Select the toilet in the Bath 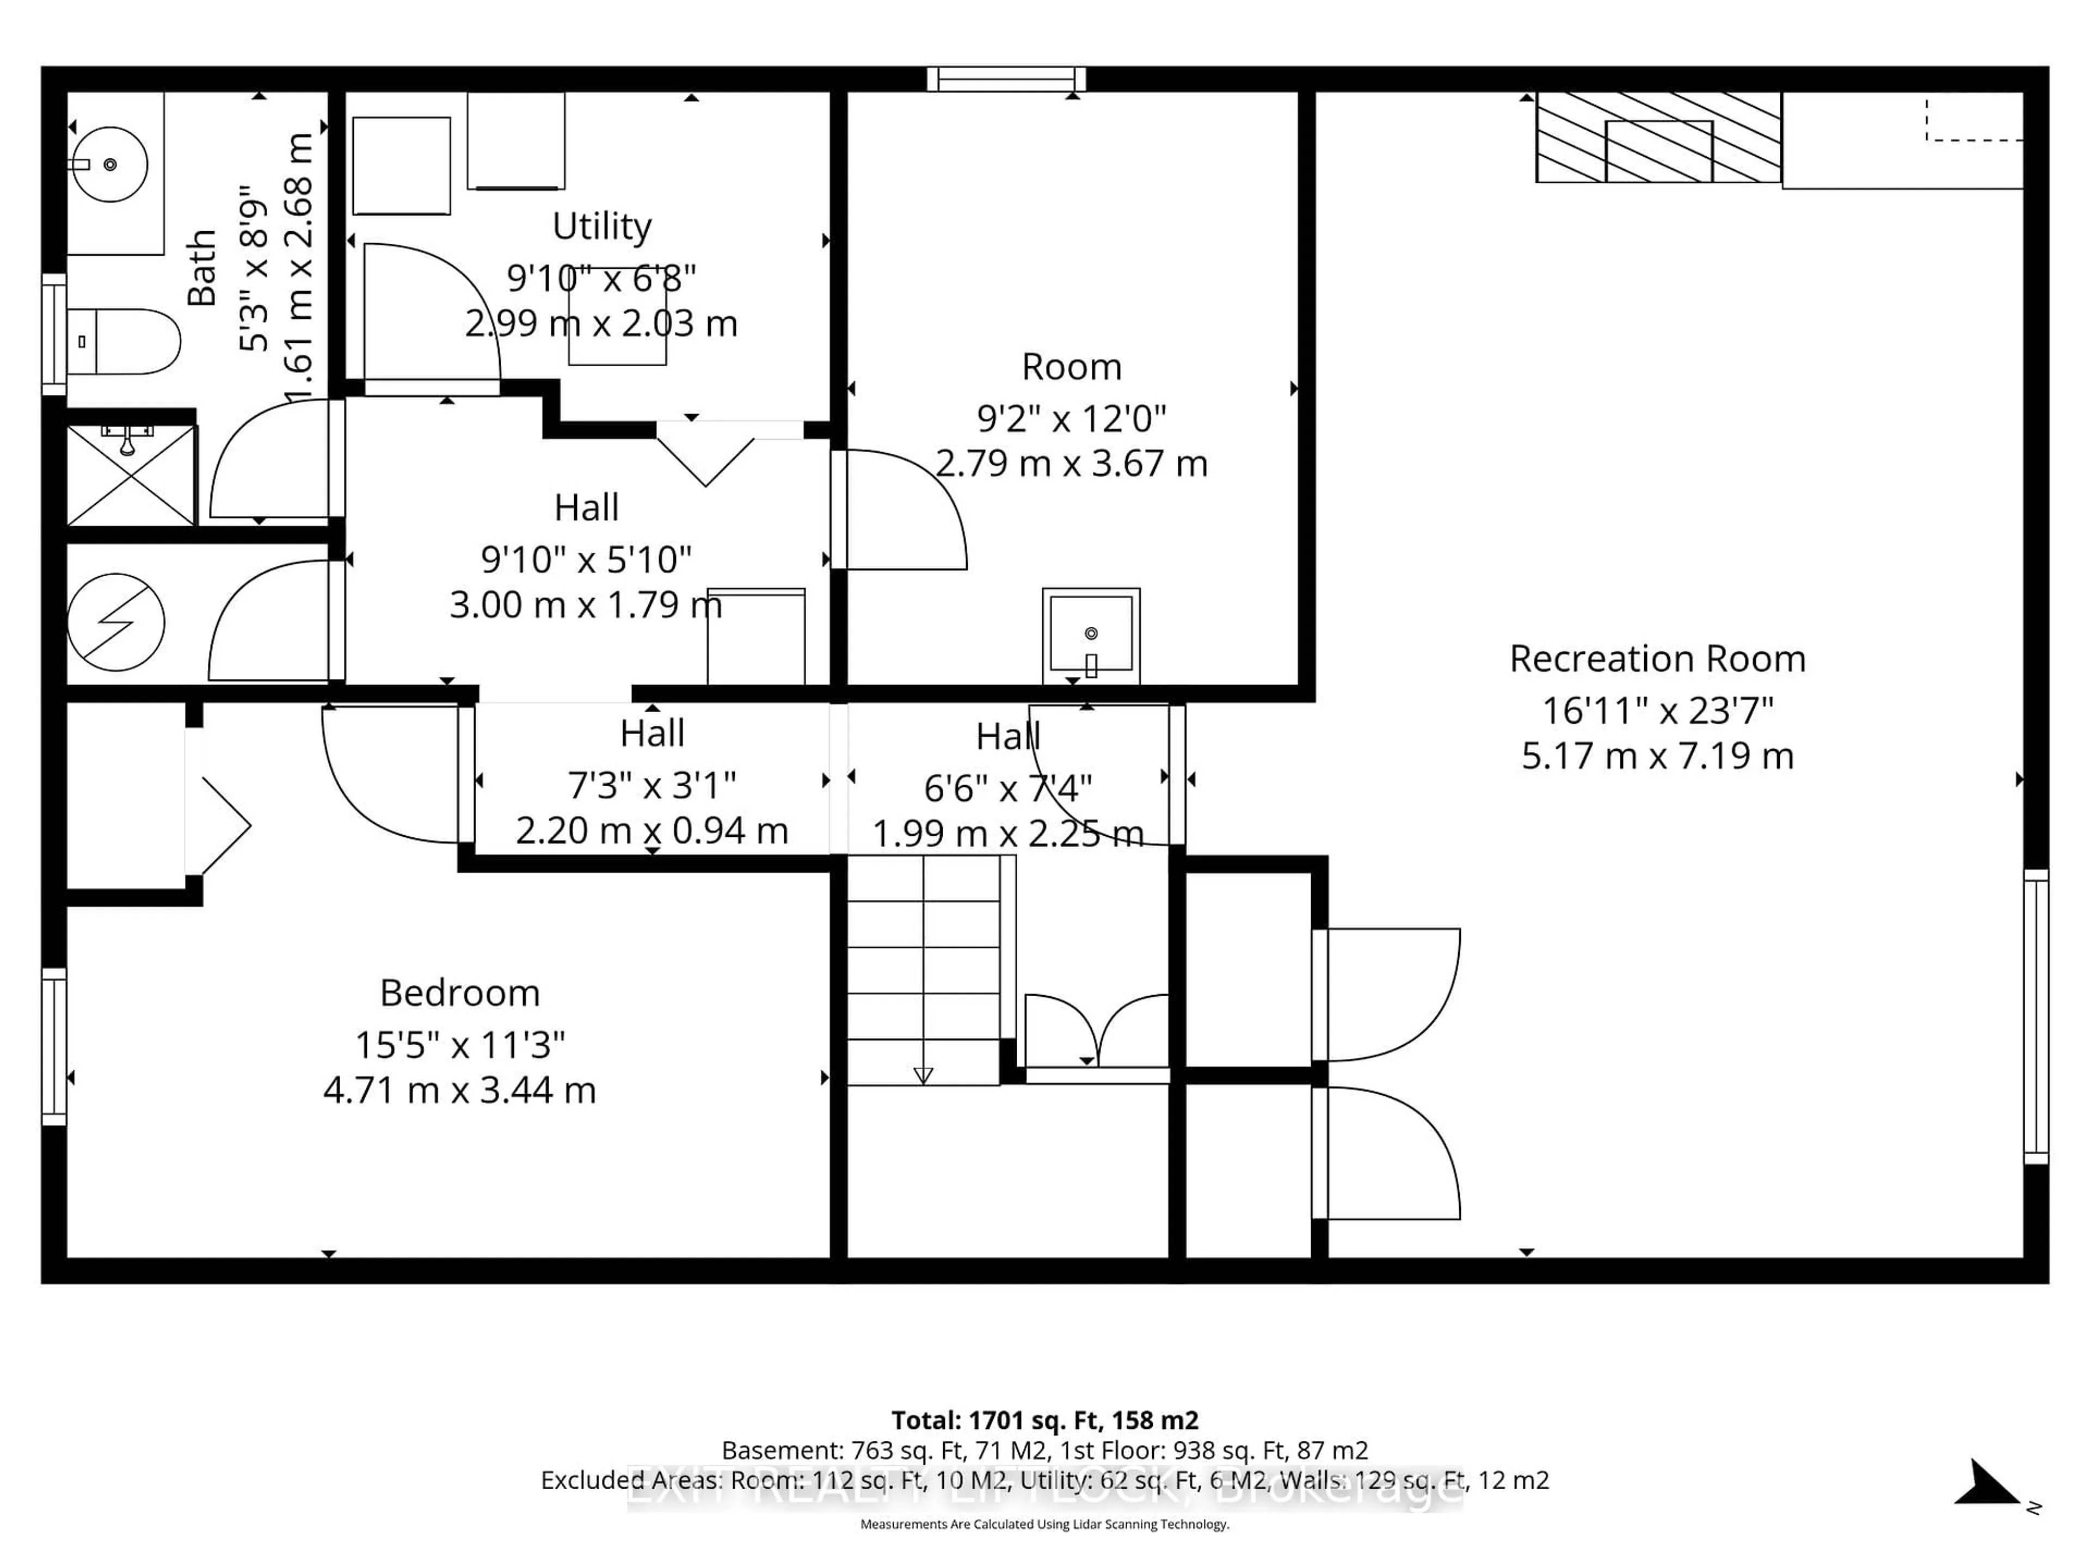pyautogui.click(x=124, y=341)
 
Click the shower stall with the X pyautogui.click(x=131, y=475)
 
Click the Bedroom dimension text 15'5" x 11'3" pyautogui.click(x=459, y=1045)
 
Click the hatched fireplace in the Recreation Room pyautogui.click(x=1658, y=138)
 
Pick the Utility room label pyautogui.click(x=602, y=227)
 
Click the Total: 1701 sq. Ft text pyautogui.click(x=1044, y=1420)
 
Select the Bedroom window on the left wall pyautogui.click(x=54, y=1046)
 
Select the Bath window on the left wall pyautogui.click(x=54, y=335)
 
